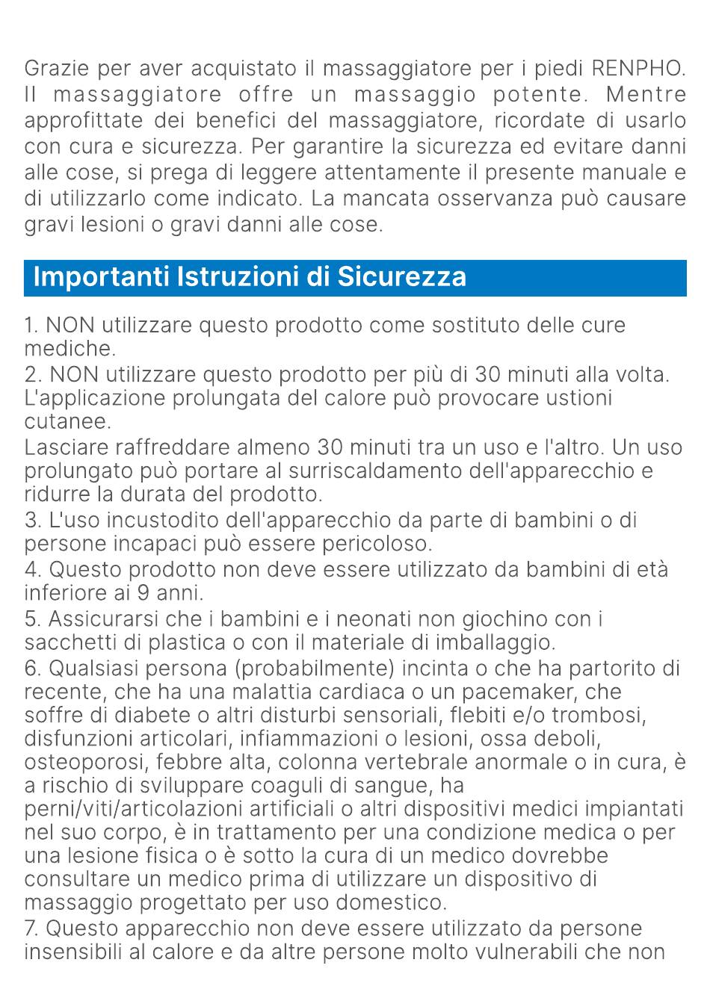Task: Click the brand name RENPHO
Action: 638,69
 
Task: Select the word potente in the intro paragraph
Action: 537,95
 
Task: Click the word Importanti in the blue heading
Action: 103,276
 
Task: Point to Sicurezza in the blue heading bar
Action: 402,276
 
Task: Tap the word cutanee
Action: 67,422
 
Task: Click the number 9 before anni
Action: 143,593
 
